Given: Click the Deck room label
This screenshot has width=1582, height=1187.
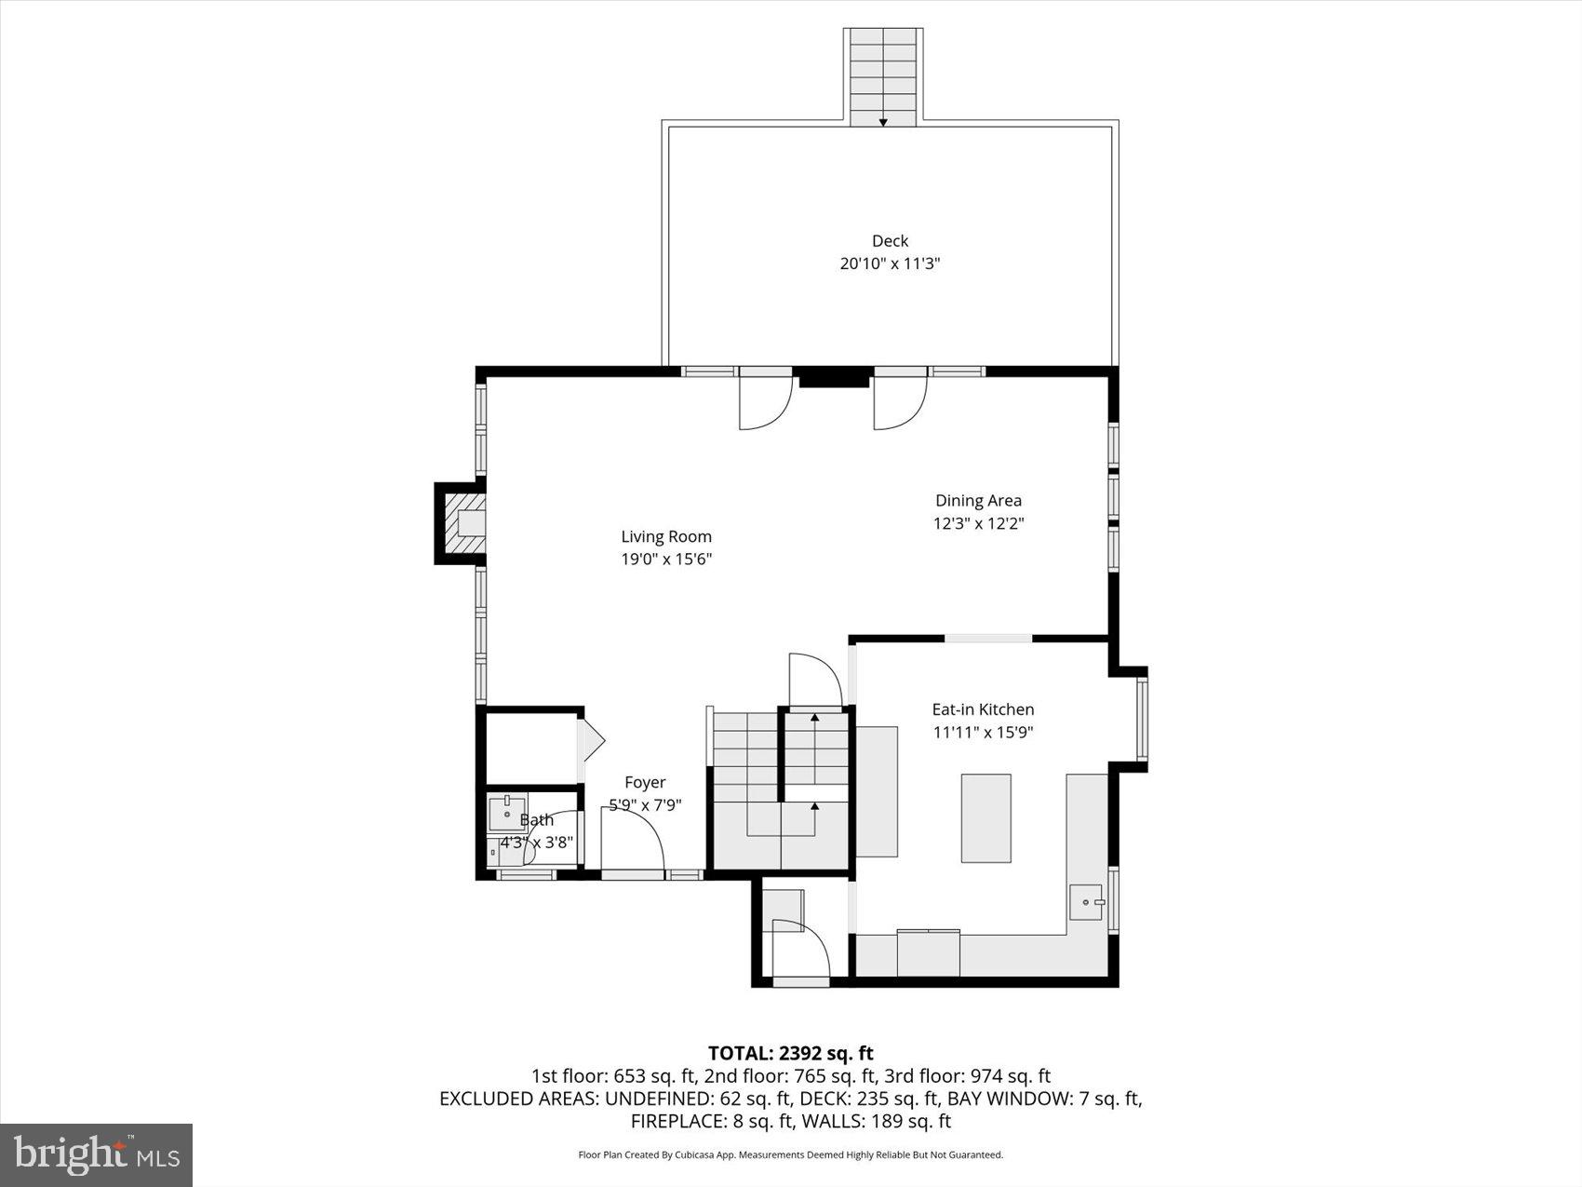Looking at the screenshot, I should pos(890,241).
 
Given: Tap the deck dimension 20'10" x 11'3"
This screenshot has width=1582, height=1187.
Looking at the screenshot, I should pos(890,263).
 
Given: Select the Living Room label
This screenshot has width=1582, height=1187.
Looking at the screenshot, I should pos(666,536).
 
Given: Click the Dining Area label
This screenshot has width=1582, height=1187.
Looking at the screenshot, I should pos(978,501).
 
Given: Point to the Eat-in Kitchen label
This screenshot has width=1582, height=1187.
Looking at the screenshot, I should pos(983,709).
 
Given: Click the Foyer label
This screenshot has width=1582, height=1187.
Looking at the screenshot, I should pos(645,783).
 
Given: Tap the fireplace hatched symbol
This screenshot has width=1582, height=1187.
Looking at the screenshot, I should pos(463,523).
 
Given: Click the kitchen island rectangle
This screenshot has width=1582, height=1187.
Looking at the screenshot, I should pos(985,817).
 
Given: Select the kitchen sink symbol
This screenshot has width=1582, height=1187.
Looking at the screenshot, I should pos(1085,902).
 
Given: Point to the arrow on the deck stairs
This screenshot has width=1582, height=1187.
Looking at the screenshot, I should pos(883,121).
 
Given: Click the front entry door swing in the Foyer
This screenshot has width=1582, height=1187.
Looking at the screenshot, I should pos(633,838).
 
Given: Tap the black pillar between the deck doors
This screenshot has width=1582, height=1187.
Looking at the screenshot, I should pos(834,377).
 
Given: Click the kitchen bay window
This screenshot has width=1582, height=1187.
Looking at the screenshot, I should pos(1141,719).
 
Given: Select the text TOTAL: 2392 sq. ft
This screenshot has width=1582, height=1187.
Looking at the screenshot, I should pos(790,1053).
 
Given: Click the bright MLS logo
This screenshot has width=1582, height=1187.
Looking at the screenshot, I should pos(97,1155).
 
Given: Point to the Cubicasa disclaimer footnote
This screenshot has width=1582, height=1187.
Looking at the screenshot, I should pos(790,1155).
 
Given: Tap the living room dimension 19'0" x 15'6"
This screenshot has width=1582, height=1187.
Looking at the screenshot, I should pos(666,560).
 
